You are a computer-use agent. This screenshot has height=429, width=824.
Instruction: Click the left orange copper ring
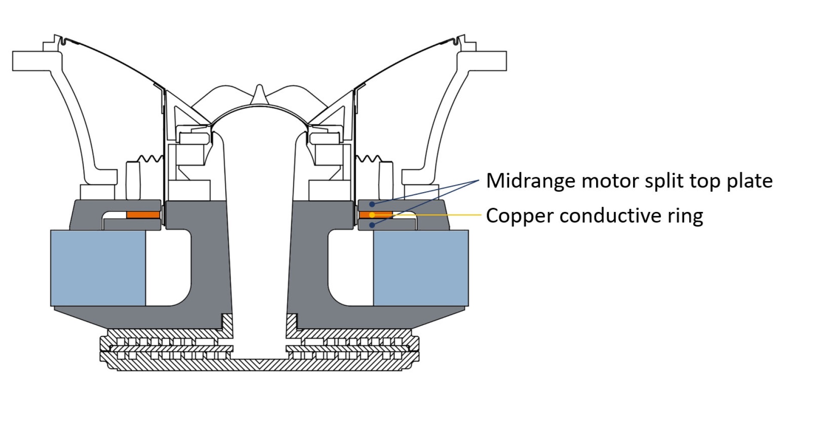143,214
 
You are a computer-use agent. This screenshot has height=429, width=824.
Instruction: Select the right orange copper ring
375,214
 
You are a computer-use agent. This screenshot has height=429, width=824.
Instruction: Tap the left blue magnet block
98,268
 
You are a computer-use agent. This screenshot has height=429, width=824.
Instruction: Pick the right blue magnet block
421,268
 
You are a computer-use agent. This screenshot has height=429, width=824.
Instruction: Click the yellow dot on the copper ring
372,215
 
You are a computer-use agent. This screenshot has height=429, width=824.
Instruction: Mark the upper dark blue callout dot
372,204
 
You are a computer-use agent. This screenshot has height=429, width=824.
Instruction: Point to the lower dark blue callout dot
372,225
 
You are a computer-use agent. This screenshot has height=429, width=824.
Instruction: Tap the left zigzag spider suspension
150,159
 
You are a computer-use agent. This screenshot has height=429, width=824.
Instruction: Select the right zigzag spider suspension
367,159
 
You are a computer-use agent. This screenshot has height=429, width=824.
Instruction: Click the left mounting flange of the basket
32,61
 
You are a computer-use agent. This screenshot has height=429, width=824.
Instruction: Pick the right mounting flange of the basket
487,61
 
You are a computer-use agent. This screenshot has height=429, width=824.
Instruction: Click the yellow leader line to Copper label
438,215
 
